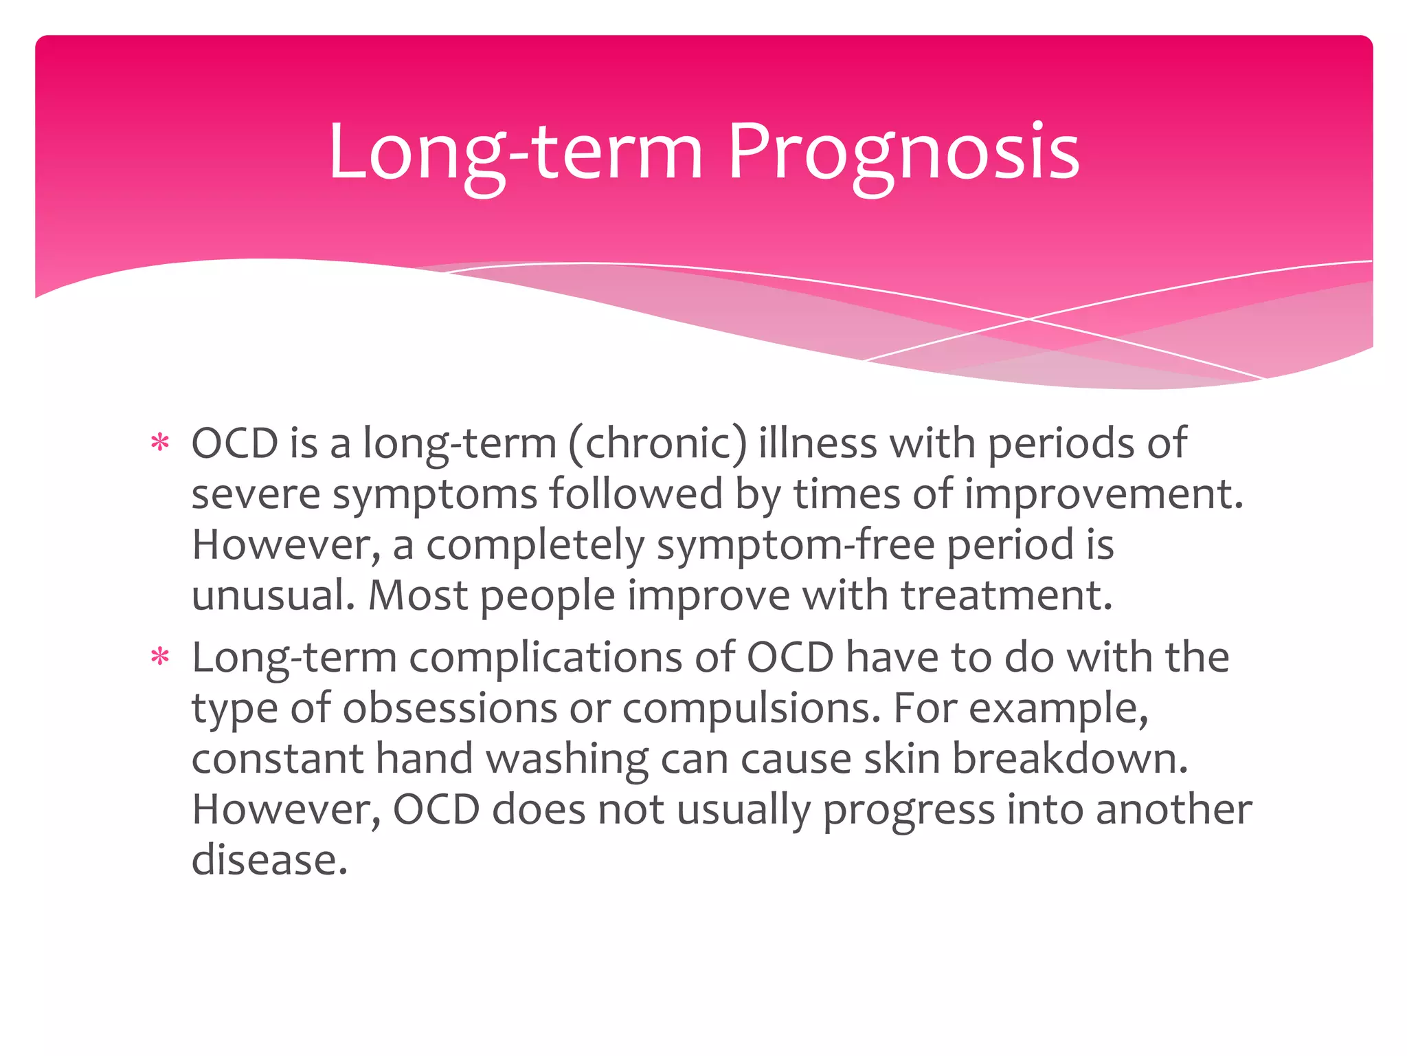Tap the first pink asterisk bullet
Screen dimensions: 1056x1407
point(160,443)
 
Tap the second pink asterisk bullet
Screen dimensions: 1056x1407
point(160,657)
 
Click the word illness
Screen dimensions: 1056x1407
point(818,443)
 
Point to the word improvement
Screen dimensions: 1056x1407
point(1103,494)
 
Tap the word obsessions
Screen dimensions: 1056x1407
point(450,708)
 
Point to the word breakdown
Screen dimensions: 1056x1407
point(1070,759)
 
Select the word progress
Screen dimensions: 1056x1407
point(908,810)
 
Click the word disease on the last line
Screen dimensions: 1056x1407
point(269,860)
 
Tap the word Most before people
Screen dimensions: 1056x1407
point(418,595)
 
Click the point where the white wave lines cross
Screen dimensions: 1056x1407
point(1028,319)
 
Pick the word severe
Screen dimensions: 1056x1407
point(255,494)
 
